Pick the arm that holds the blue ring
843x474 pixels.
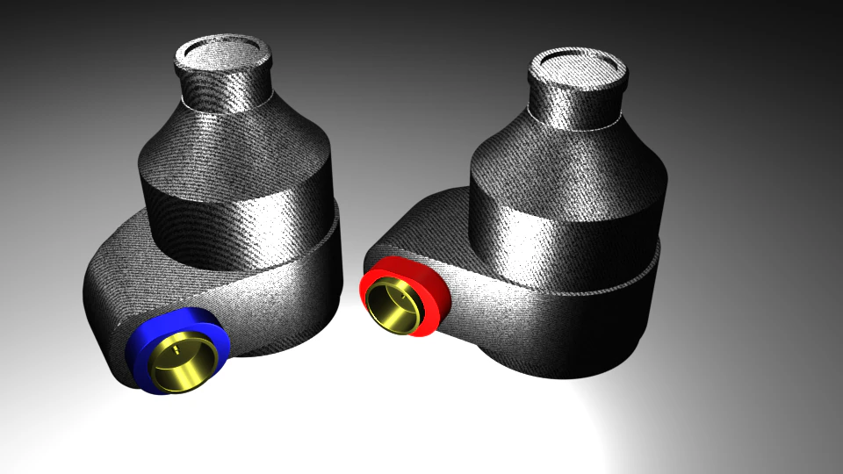132,281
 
